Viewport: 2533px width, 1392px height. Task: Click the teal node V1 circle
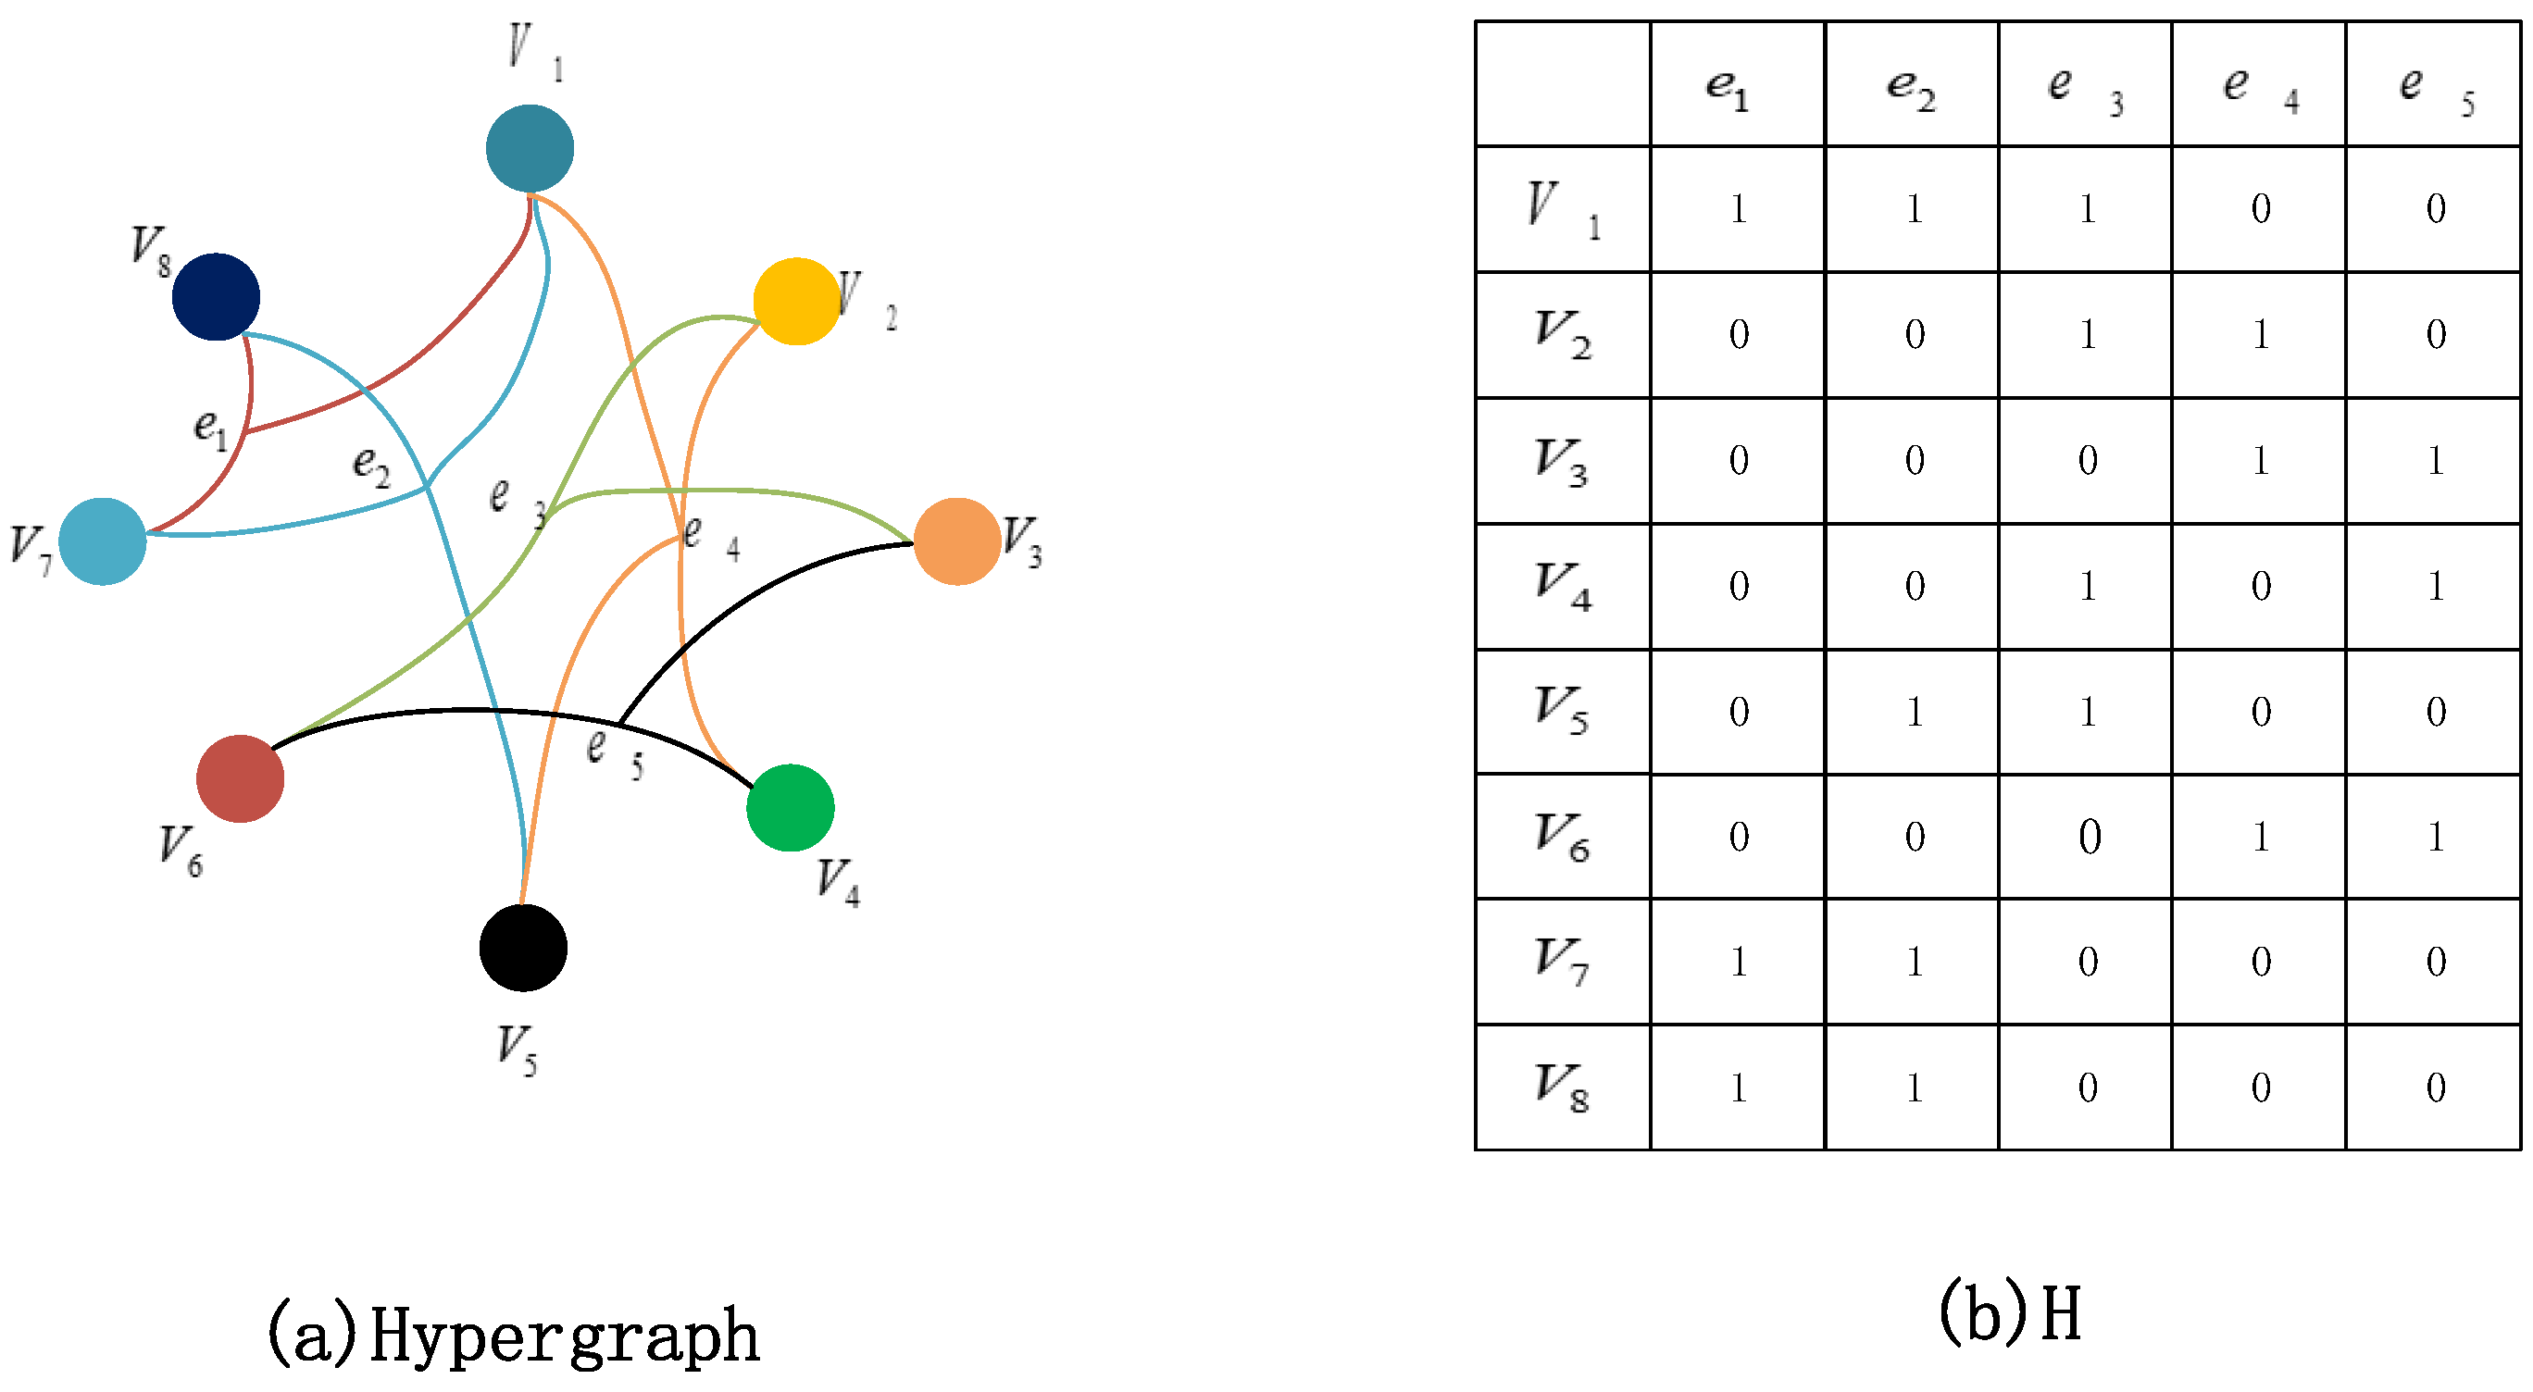(x=530, y=148)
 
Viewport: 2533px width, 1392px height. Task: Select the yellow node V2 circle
(x=796, y=301)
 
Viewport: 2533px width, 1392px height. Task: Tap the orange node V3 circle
(x=956, y=541)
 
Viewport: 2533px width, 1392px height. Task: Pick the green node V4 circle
(x=791, y=807)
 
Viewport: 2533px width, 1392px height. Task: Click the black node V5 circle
(x=523, y=948)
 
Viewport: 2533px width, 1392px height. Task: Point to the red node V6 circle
(x=240, y=778)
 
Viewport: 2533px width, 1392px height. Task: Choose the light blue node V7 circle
(x=102, y=541)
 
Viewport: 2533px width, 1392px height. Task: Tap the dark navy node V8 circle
(x=216, y=297)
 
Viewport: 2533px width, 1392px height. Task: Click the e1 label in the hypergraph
(x=210, y=429)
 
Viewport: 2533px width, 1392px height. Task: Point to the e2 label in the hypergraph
(x=370, y=464)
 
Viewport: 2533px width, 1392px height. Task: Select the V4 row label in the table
(x=1563, y=586)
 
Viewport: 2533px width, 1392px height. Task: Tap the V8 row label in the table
(x=1563, y=1087)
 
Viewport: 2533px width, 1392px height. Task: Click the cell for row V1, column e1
(x=1738, y=209)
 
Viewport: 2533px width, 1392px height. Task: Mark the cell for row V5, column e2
(x=1913, y=712)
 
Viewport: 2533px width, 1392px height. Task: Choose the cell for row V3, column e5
(x=2434, y=460)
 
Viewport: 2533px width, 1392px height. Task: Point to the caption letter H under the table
(x=2061, y=1314)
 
